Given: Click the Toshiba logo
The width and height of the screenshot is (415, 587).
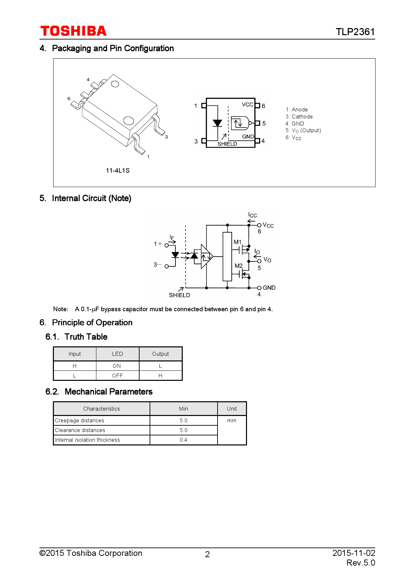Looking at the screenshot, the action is (73, 31).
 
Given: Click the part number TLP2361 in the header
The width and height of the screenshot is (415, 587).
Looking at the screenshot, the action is (355, 32).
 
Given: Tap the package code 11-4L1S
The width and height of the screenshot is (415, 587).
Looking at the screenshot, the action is (117, 170).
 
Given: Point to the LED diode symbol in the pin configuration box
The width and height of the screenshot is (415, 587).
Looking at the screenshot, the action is (218, 123).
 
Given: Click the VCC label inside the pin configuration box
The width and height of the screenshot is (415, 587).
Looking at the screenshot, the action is (247, 104).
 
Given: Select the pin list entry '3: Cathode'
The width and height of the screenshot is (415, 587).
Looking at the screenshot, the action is (299, 116).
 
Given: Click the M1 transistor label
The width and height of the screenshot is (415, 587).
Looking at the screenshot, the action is (237, 242).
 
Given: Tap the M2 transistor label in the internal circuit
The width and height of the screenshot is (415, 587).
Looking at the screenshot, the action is (239, 266).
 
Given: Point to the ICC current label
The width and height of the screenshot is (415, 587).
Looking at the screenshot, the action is (252, 215).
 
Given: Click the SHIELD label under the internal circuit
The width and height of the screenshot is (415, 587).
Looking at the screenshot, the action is (179, 295).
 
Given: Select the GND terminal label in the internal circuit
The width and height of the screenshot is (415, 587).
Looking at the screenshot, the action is (269, 288).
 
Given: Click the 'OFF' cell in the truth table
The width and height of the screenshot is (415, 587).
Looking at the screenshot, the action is (117, 375).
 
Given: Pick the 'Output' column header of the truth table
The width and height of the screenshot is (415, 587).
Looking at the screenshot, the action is (161, 354).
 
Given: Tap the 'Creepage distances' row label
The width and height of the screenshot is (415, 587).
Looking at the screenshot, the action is (79, 420).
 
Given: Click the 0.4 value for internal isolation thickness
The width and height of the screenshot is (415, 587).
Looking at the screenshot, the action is (183, 440).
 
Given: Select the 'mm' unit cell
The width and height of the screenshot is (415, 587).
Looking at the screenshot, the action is (232, 420).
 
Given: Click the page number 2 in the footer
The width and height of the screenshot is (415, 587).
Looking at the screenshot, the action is (207, 555).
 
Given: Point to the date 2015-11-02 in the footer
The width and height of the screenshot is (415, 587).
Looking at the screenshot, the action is (354, 553).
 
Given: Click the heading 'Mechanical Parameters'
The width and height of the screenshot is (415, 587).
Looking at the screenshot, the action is (109, 392).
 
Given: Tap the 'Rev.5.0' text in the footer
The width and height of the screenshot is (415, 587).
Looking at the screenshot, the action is (361, 563).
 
